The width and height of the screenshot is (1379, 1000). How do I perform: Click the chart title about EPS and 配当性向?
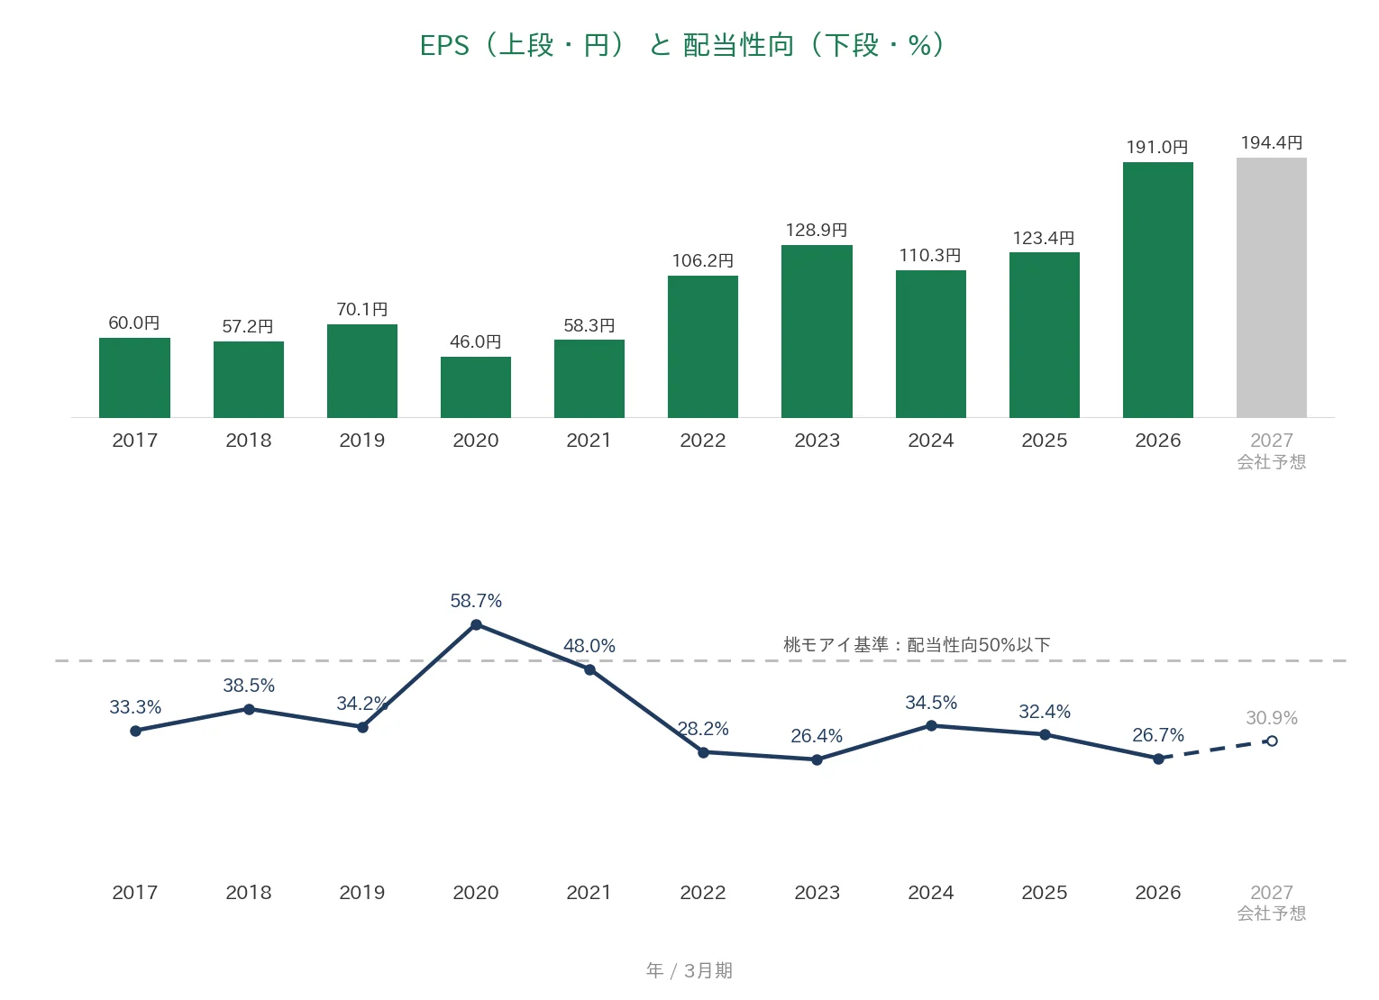pos(682,46)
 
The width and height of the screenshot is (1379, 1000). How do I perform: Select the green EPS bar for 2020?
pos(476,387)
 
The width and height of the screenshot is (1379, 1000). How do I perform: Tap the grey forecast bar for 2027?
pos(1271,288)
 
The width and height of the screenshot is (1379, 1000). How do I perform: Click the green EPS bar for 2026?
pos(1158,290)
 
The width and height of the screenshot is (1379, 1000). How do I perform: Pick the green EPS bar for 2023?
pos(817,332)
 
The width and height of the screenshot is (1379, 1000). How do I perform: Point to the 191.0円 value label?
pos(1157,147)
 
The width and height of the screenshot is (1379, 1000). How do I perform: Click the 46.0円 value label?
pos(475,341)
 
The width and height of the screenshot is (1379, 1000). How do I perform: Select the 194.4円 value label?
pos(1271,142)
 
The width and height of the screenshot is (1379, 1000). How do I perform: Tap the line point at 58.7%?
pos(476,625)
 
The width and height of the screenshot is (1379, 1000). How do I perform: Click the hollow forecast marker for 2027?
pos(1272,741)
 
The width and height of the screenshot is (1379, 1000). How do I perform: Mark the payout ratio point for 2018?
pos(249,710)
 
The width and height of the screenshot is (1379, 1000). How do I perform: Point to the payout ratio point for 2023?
pos(817,760)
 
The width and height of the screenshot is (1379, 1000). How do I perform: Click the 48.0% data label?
pos(589,646)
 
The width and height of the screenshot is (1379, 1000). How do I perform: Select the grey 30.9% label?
pos(1272,717)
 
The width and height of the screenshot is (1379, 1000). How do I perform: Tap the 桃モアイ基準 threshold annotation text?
pos(917,644)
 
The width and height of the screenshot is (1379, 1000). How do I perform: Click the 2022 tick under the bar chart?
pos(703,441)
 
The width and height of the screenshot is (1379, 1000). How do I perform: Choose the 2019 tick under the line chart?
pos(362,892)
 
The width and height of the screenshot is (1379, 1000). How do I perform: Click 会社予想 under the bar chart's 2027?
pos(1272,461)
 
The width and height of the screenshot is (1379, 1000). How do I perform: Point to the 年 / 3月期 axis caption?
pos(689,970)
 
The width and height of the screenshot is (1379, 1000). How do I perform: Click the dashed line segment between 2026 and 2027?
pos(1215,750)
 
